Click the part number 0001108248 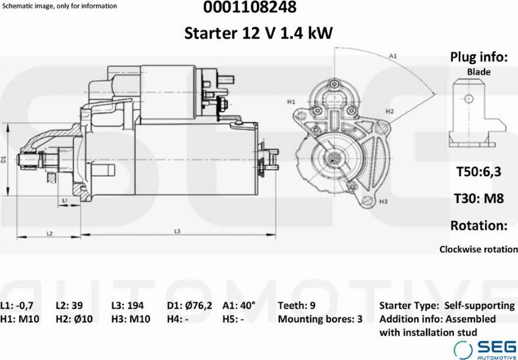click(250, 7)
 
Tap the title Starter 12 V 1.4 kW click(258, 33)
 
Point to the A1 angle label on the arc click(392, 56)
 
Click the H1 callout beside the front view click(290, 102)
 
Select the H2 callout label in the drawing click(390, 111)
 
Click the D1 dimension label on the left click(4, 159)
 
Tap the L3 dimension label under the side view click(178, 231)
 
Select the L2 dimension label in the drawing click(49, 234)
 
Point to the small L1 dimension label click(65, 200)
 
